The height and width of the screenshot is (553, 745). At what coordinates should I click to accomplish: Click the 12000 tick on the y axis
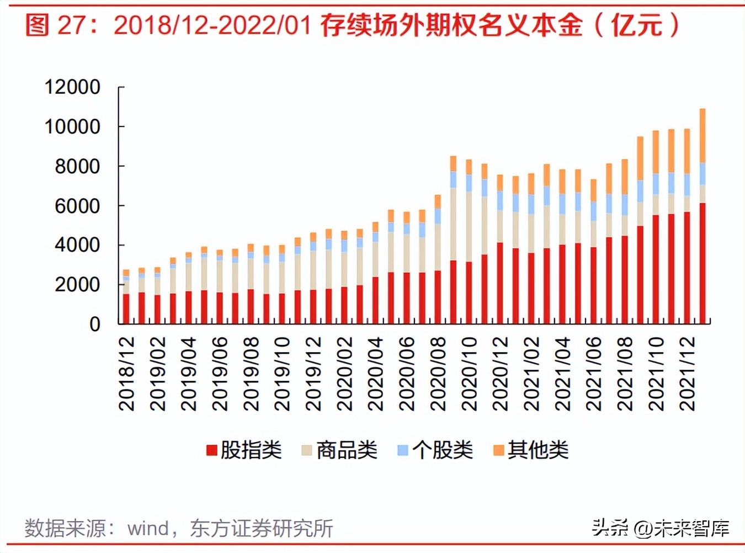click(72, 87)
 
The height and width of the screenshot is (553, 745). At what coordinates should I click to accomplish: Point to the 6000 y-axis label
click(77, 206)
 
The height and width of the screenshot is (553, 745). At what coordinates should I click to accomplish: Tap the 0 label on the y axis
click(95, 324)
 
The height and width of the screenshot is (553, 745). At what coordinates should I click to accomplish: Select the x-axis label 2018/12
click(127, 374)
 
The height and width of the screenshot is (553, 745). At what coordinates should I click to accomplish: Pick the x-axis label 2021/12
click(687, 374)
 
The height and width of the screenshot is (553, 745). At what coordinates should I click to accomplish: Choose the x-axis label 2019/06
click(220, 374)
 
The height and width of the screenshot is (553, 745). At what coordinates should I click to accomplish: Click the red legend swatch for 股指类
click(211, 450)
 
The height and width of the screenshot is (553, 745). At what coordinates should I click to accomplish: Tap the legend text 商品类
click(347, 450)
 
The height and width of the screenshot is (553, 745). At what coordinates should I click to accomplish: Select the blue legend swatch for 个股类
click(403, 450)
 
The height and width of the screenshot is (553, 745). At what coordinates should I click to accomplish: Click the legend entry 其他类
click(538, 450)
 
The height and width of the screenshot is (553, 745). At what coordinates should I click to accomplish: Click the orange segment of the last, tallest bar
click(703, 135)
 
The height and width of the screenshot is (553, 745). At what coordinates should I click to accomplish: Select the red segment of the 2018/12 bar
click(126, 309)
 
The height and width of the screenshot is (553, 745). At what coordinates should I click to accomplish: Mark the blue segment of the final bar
click(703, 174)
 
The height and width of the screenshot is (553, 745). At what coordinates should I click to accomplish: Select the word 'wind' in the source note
click(148, 528)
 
